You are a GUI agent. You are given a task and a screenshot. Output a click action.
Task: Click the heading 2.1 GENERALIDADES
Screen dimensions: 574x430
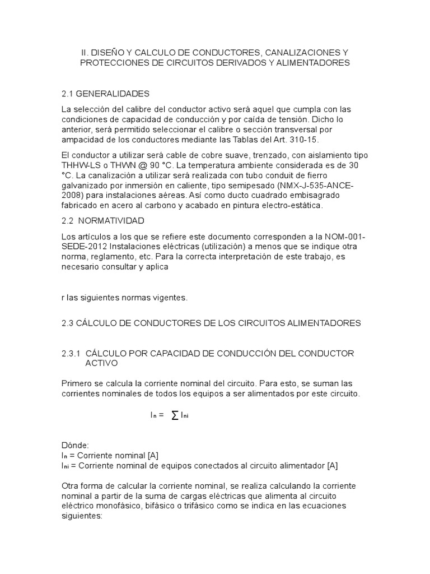(105, 93)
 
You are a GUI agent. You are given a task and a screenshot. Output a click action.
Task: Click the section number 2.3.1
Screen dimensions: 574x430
(71, 354)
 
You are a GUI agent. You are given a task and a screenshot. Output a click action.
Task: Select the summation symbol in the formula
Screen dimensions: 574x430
(175, 415)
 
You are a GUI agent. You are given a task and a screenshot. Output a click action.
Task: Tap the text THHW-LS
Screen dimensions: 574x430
(80, 165)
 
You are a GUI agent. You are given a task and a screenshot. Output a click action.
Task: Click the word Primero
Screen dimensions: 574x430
(77, 384)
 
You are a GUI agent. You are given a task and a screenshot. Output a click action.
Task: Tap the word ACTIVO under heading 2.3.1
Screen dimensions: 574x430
(101, 364)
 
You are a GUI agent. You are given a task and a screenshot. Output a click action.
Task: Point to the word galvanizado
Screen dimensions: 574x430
(86, 186)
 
